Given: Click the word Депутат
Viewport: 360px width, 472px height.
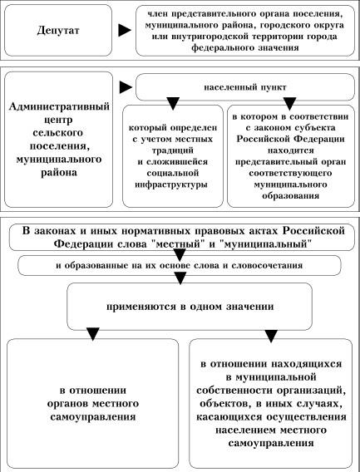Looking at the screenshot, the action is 58,31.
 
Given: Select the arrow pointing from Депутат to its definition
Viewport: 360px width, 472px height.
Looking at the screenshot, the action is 125,30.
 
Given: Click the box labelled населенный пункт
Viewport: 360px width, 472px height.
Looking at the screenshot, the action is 245,87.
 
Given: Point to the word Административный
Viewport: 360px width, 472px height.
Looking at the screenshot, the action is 59,107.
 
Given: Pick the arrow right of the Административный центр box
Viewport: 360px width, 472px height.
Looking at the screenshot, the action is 126,87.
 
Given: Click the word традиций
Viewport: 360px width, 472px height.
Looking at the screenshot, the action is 173,150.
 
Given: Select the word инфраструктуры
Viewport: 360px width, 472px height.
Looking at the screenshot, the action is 171,184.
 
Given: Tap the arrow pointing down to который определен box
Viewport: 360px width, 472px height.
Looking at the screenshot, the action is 173,103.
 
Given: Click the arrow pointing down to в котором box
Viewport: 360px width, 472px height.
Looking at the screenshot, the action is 289,104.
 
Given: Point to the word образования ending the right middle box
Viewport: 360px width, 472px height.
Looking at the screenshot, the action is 290,196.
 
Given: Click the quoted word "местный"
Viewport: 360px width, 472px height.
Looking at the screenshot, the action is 177,243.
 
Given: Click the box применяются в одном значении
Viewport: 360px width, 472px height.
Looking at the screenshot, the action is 190,307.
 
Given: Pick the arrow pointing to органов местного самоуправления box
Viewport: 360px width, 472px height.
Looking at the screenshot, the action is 92,333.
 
